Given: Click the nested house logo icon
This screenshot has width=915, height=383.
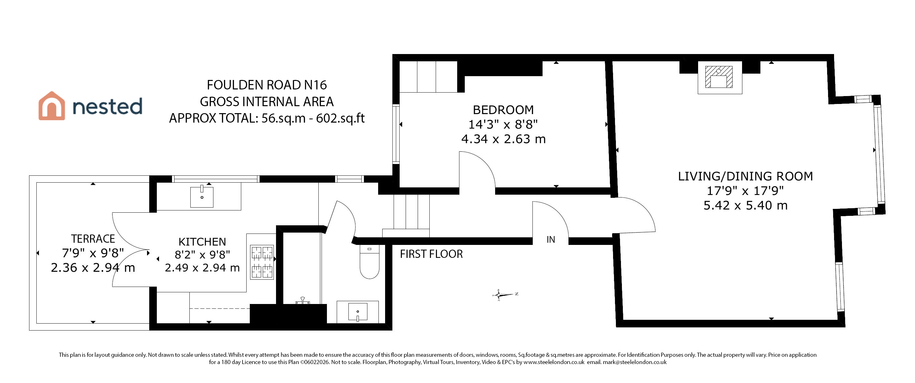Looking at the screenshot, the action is tap(52, 106).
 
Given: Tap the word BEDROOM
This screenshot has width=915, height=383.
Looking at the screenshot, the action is tap(503, 110).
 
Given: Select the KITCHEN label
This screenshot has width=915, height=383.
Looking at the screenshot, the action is tap(202, 242).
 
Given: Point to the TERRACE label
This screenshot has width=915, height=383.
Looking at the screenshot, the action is tap(93, 239).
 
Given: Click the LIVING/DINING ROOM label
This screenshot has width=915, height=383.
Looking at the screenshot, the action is tap(746, 176).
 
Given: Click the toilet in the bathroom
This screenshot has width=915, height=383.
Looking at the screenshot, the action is tap(369, 262).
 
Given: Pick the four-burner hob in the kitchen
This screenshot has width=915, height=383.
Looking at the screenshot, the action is tap(262, 262).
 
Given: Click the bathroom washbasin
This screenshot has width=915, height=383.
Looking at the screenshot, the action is tap(358, 312).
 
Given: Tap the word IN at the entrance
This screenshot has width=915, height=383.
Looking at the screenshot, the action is tap(550, 240).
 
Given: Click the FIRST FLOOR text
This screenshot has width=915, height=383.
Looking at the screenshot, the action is tap(431, 254).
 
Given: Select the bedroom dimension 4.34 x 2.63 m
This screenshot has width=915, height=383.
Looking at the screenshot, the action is tap(503, 139).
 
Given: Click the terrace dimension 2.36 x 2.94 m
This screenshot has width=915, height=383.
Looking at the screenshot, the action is tap(93, 268).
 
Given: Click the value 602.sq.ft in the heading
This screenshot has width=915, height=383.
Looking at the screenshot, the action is tap(340, 118).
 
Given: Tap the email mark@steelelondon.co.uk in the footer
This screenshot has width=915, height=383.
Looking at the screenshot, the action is tap(635, 362).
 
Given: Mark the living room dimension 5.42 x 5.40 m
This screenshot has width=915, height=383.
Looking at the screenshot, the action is tap(746, 205).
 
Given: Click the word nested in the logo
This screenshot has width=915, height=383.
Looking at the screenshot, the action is tap(107, 106).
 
